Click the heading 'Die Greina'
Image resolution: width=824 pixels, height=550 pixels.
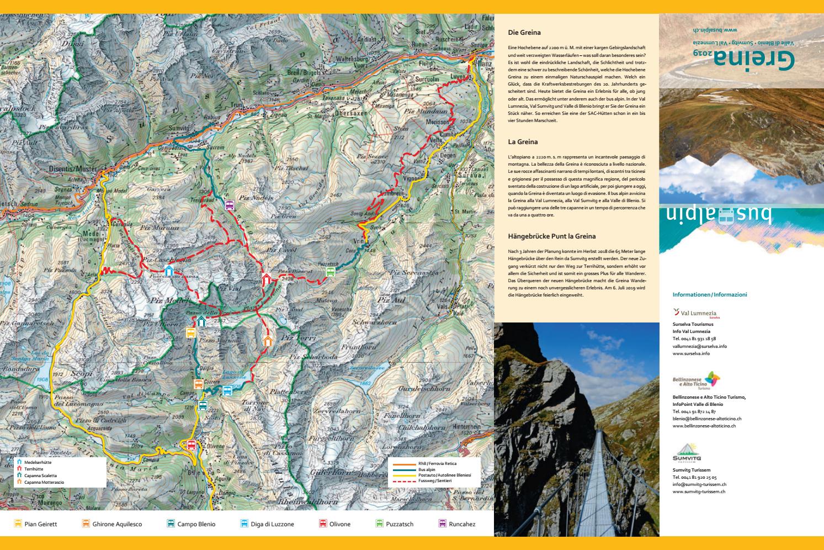point(524,33)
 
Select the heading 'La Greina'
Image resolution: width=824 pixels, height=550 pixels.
point(523,142)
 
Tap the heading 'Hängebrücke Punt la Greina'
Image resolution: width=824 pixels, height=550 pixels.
point(551,236)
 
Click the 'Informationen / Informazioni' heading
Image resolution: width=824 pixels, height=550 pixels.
point(709,295)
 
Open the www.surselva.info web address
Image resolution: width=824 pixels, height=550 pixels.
point(691,353)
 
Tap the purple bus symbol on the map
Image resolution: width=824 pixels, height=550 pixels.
point(229,205)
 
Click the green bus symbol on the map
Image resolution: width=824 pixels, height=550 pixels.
point(330,272)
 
